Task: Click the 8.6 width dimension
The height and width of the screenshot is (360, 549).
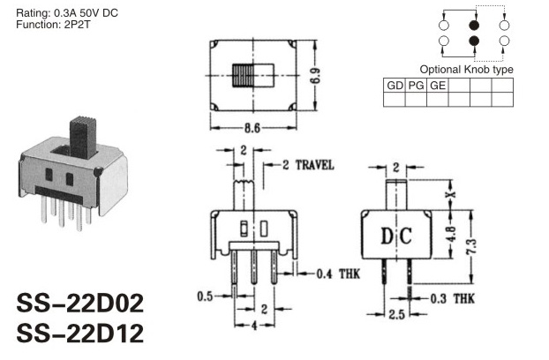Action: coord(252,129)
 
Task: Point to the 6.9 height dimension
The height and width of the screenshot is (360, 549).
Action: coord(315,76)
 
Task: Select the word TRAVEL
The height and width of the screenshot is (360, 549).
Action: coord(314,165)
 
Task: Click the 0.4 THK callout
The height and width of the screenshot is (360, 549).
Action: coord(338,274)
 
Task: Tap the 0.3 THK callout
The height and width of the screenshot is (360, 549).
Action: coord(452,299)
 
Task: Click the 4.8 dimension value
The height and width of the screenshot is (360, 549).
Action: coord(451,234)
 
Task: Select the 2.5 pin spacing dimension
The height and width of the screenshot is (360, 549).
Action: coord(396,314)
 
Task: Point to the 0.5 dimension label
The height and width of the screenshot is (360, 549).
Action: coord(205,296)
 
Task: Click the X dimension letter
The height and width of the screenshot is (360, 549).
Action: coord(452,194)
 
